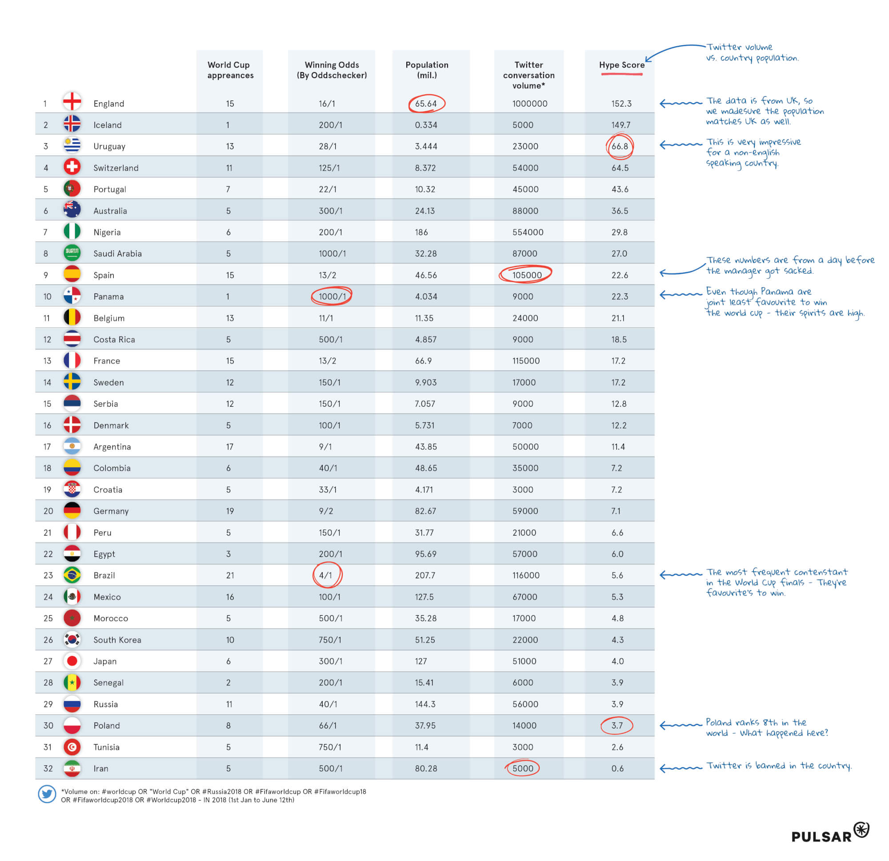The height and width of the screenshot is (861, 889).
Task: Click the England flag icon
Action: click(72, 102)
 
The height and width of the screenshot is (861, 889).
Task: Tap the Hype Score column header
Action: click(621, 65)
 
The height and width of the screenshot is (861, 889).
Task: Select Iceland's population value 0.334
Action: click(426, 125)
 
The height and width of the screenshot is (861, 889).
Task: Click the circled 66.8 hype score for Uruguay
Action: click(620, 146)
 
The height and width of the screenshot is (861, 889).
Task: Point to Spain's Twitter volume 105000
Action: click(527, 275)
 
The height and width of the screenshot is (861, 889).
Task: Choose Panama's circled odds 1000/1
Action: click(332, 296)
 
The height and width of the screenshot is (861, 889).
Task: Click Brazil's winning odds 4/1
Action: click(326, 575)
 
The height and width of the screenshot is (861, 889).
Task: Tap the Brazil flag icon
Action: click(72, 575)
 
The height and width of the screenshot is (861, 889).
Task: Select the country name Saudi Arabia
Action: click(117, 253)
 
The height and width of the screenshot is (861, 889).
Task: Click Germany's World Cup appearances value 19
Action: click(230, 511)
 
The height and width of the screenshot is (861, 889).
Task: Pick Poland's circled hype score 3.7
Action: click(617, 725)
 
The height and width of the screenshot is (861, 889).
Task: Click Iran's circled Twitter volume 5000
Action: click(523, 769)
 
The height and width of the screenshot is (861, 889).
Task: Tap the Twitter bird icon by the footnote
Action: click(47, 794)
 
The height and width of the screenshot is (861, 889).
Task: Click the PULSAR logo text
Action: click(821, 836)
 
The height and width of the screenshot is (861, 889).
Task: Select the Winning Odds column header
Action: click(332, 70)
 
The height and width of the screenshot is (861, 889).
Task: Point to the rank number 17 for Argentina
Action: click(47, 447)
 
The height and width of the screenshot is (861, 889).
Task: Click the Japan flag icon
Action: click(72, 661)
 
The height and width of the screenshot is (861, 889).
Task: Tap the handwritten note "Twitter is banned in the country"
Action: click(778, 766)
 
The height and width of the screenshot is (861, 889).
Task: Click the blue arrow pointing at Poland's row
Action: click(680, 725)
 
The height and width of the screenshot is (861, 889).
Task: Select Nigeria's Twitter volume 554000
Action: click(528, 232)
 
